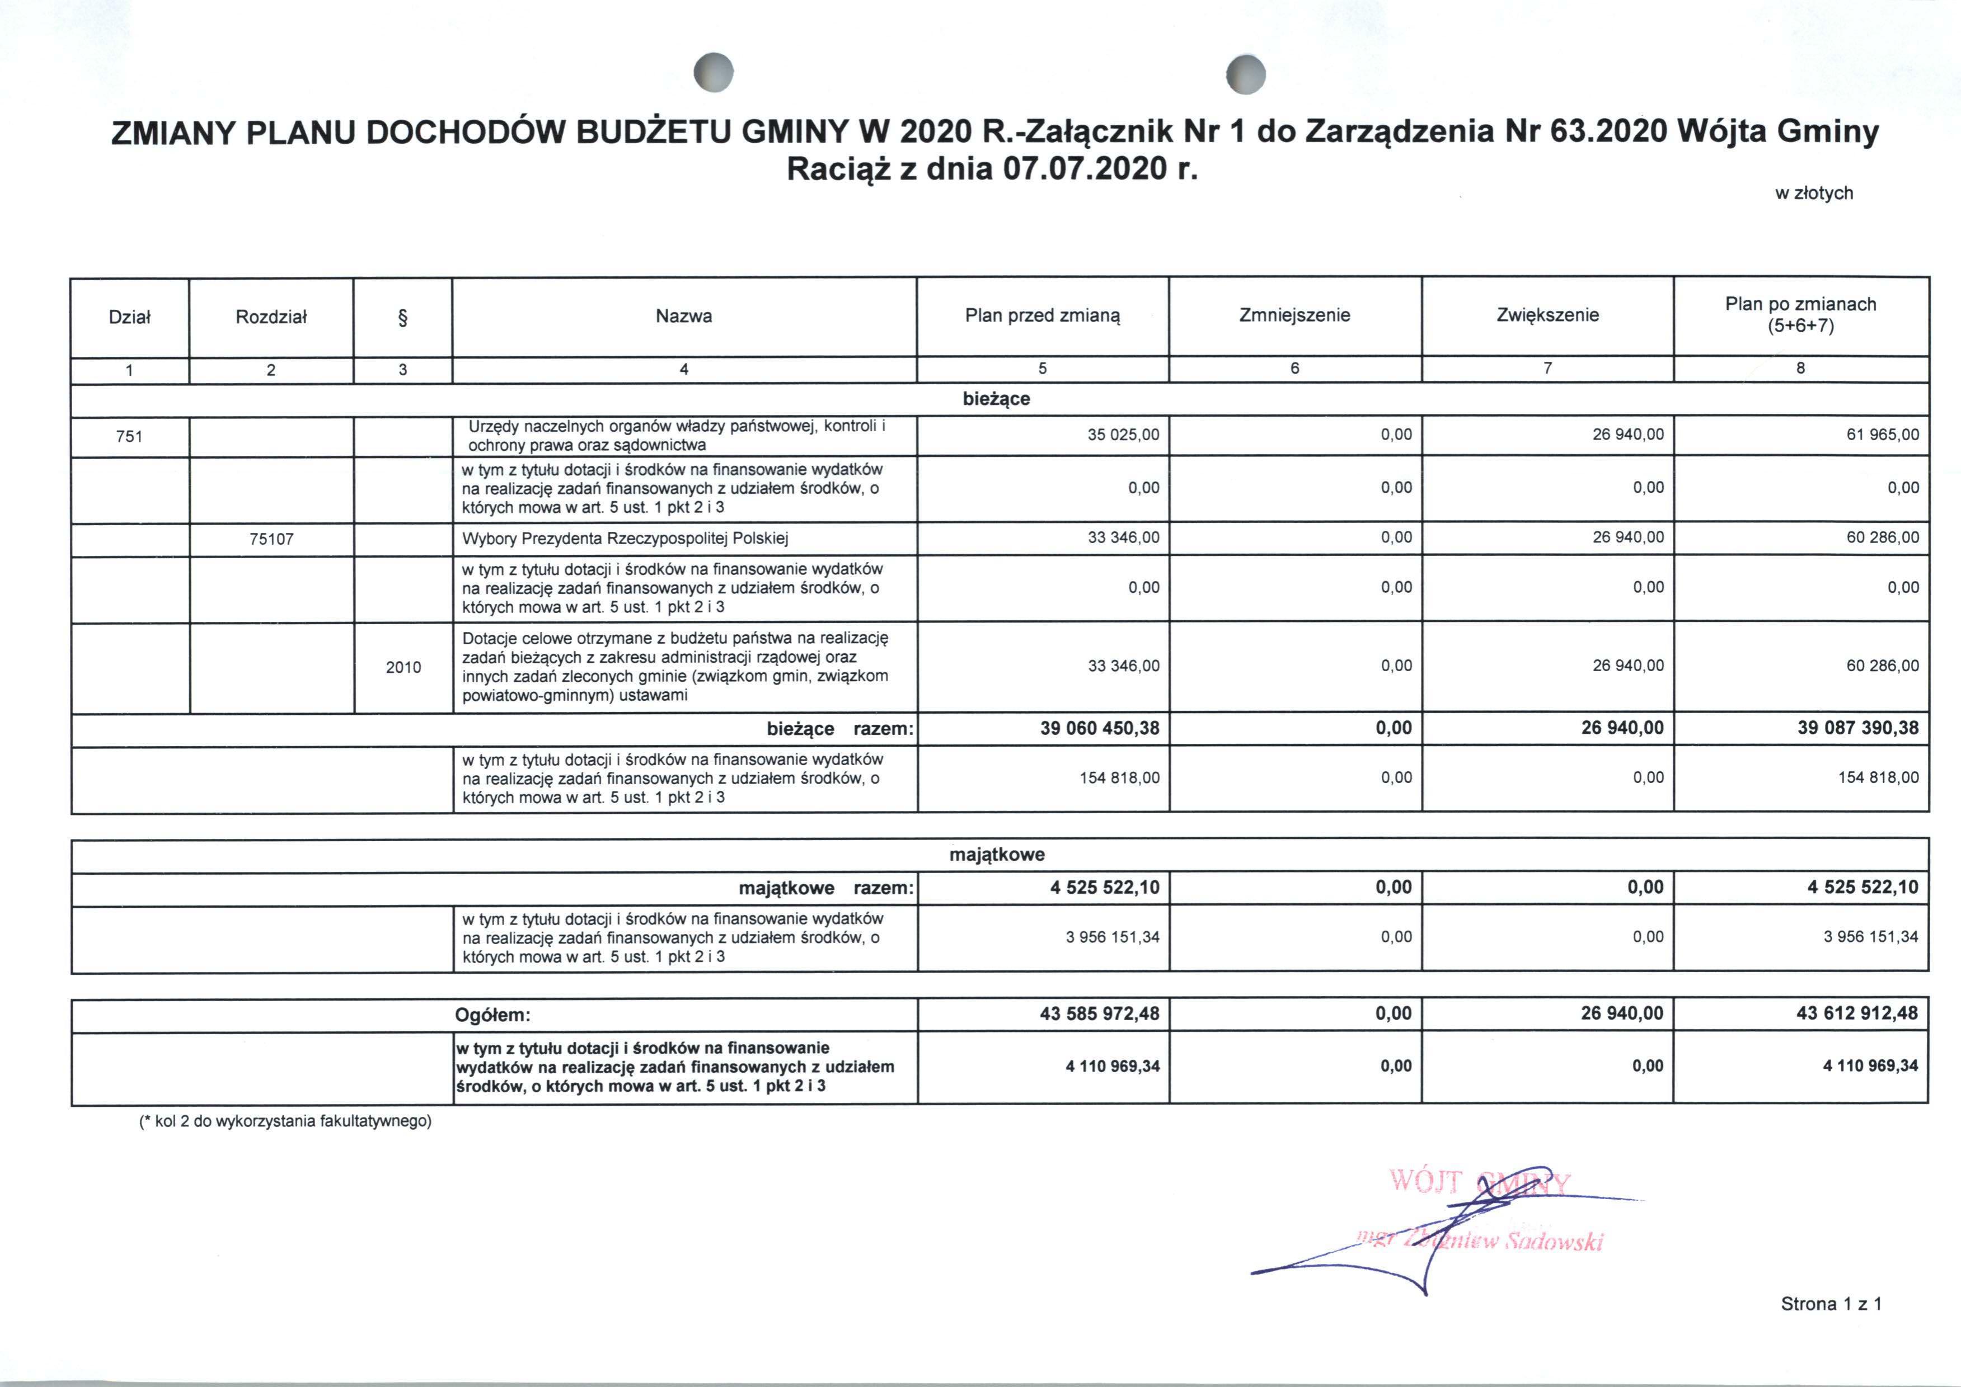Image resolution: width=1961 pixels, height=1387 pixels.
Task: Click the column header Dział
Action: (129, 317)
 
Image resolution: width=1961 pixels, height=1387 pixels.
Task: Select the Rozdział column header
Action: (271, 317)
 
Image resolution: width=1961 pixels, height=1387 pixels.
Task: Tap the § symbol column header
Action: (402, 318)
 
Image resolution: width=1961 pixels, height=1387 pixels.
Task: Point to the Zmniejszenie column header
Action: (1294, 315)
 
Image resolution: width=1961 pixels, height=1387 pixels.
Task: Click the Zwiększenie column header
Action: (1547, 315)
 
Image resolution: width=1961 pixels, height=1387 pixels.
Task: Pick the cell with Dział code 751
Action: (129, 436)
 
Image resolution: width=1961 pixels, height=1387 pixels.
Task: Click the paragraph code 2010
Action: (404, 667)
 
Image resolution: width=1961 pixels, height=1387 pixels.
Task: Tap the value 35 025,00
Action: (1124, 435)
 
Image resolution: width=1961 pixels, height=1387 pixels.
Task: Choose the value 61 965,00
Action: (1883, 435)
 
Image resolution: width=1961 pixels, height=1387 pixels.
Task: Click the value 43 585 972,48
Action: (1100, 1014)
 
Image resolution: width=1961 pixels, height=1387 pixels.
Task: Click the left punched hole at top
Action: (714, 73)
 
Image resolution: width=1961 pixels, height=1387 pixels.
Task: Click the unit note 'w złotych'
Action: (1814, 193)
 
